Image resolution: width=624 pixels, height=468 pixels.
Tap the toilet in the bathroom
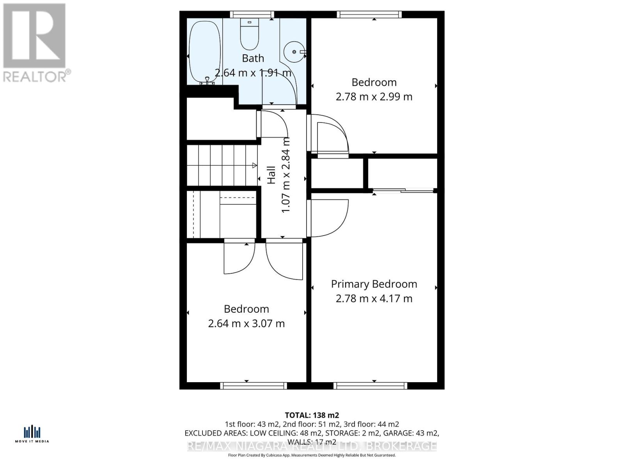pos(250,33)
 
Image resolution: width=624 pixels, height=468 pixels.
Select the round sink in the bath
pos(294,52)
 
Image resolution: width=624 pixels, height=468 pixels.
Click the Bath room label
pos(253,58)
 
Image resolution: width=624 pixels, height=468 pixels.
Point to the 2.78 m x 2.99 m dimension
pos(374,97)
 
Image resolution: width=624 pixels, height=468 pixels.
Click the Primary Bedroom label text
pos(374,284)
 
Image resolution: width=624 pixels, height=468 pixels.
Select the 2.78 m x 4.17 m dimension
pos(374,299)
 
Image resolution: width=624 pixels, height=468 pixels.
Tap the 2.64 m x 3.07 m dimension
pos(246,324)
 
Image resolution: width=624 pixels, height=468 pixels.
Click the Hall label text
pos(271,174)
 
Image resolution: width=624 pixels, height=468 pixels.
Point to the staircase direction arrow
pos(254,165)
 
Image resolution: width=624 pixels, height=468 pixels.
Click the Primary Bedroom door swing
pos(330,218)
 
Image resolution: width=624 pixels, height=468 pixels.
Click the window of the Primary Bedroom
pos(370,386)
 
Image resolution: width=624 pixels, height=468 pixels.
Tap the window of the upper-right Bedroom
pos(369,14)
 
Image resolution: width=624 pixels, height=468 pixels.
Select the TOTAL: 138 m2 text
pos(312,415)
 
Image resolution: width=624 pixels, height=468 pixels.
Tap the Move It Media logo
pos(32,434)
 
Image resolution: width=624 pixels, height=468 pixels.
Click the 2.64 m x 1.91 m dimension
pos(253,73)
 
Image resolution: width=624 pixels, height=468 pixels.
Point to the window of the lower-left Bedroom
pos(253,386)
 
